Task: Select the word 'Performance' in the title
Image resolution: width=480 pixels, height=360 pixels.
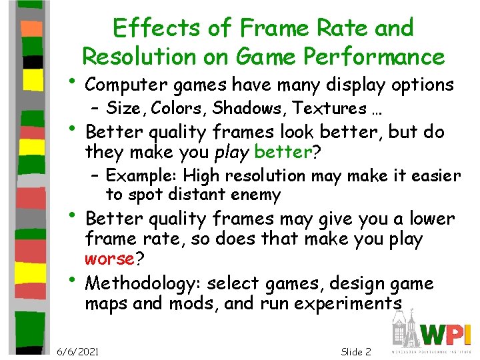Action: [377, 57]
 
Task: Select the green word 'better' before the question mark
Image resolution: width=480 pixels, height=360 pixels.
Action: [283, 153]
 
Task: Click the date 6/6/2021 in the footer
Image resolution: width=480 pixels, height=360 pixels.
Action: [78, 351]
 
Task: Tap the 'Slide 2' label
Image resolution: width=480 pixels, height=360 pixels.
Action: [355, 351]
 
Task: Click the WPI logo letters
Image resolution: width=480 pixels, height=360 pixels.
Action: [447, 334]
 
